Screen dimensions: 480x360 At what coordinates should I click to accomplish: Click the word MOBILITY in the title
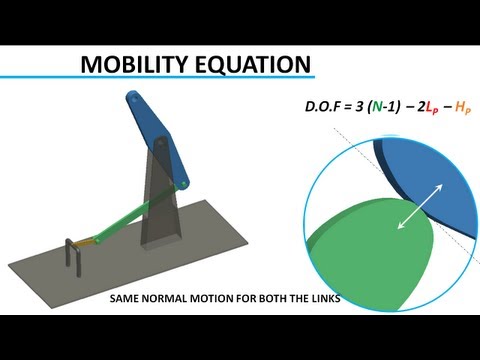(x=135, y=64)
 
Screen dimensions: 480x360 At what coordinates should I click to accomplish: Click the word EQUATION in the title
(x=253, y=64)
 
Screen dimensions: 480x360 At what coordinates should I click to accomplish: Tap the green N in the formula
(x=377, y=107)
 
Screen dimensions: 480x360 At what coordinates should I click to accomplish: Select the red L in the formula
(x=429, y=107)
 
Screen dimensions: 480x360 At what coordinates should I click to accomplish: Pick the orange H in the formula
(x=460, y=107)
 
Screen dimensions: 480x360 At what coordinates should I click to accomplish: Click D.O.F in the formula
(x=323, y=107)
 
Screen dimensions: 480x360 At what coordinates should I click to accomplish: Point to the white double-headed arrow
(x=420, y=206)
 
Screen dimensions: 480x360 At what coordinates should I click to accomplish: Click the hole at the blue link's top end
(x=134, y=99)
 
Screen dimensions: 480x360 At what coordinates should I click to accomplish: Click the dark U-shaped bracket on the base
(x=74, y=256)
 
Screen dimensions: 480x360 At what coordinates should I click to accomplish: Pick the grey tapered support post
(x=161, y=193)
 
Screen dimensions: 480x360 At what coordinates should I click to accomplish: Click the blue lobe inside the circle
(x=430, y=180)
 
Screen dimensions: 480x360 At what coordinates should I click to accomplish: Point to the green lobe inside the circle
(x=370, y=253)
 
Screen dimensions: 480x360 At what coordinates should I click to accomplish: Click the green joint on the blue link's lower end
(x=184, y=184)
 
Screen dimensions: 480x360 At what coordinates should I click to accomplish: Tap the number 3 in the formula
(x=359, y=107)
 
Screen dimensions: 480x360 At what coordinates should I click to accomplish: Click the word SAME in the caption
(x=124, y=298)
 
